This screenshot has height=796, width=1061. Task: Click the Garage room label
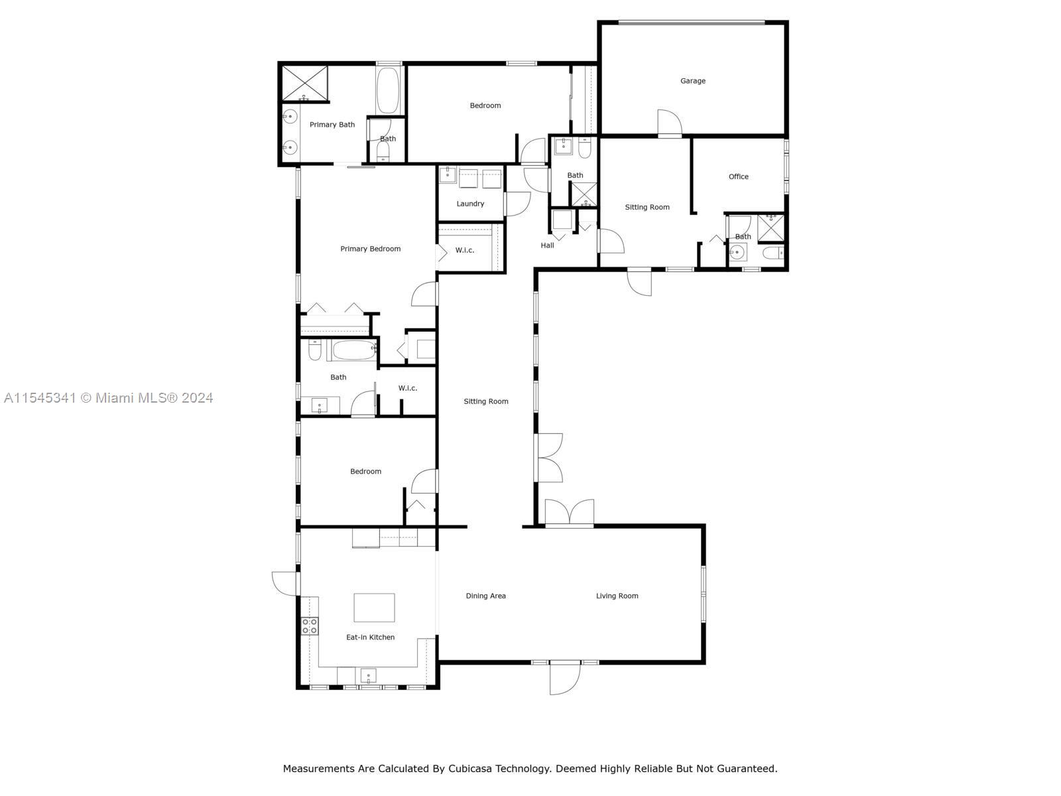coord(692,81)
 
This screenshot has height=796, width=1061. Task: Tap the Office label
coord(738,176)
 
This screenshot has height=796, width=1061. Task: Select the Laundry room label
coord(470,204)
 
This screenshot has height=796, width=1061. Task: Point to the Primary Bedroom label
coord(370,248)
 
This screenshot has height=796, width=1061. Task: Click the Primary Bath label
coord(332,124)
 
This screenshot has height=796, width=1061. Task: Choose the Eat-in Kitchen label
coord(370,637)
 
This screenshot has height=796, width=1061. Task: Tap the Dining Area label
coord(485,596)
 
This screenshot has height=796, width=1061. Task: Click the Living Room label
coord(616,596)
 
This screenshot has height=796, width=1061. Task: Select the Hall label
coord(546,245)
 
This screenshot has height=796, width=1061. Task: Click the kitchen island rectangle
coord(373,607)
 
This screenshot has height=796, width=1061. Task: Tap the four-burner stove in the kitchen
coord(310,626)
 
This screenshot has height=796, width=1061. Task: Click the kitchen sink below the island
coord(368,675)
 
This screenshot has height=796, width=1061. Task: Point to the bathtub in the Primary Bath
coord(388,90)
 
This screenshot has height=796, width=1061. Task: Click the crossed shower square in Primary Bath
coord(304,83)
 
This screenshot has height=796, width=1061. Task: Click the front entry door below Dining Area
coord(564,677)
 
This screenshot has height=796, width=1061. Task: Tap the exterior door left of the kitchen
coord(285,583)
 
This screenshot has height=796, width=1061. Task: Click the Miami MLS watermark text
coord(108,398)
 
